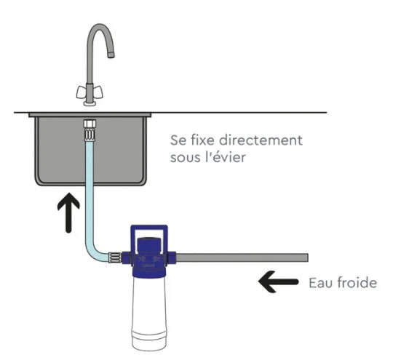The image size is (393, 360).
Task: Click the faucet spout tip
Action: coord(111,55)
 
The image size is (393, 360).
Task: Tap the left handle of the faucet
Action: coord(81,92)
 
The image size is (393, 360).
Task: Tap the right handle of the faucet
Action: coord(98,92)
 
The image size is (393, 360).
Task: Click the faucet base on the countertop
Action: coord(90,103)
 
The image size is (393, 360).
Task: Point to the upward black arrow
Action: coord(68,212)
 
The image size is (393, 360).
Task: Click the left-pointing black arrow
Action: coord(278,282)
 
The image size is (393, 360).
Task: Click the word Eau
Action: coord(321,283)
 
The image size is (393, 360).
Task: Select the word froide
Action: coord(357,282)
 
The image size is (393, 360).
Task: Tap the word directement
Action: coord(261,140)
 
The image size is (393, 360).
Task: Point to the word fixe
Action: coord(203,140)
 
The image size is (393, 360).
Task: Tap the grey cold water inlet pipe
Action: coord(242,257)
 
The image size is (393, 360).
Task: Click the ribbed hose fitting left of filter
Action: coord(115,257)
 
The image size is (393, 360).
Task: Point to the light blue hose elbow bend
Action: coord(92,252)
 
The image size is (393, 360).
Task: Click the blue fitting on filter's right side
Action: coord(172,257)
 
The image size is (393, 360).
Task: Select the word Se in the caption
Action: coord(178,140)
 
